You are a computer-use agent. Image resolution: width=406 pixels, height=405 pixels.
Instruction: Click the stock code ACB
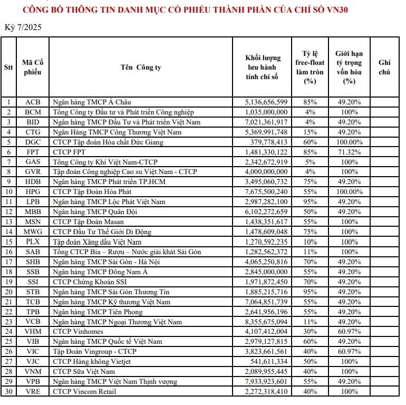click(32, 102)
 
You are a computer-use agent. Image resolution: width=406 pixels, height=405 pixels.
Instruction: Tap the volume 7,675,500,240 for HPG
click(266, 192)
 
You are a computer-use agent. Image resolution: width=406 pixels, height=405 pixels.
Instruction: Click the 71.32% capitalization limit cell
click(349, 152)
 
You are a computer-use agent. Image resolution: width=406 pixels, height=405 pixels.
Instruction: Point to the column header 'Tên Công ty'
click(140, 67)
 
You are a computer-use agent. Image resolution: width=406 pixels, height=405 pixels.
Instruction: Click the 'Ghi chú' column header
click(384, 67)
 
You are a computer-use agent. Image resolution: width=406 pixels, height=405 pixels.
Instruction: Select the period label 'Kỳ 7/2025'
click(23, 27)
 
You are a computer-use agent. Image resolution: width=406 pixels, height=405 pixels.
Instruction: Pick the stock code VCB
click(32, 322)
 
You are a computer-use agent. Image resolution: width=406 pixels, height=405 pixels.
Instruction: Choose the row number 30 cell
click(8, 391)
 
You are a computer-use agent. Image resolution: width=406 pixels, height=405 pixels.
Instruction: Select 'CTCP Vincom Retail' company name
click(84, 391)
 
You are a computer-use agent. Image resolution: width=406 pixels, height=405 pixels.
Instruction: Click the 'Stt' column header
click(8, 67)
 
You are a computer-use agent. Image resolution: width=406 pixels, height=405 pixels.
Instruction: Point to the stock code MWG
click(32, 232)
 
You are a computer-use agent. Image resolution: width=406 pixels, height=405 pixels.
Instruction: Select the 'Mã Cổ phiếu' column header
click(32, 67)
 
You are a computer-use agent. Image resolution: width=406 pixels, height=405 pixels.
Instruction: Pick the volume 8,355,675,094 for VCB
click(266, 322)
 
